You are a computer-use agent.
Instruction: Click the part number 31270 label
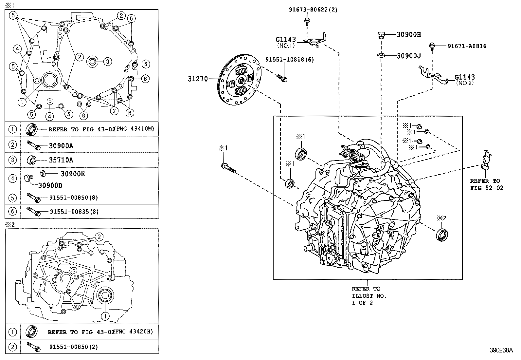click(x=198, y=79)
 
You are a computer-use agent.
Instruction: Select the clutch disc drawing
click(x=240, y=80)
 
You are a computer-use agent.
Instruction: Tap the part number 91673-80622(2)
click(x=313, y=10)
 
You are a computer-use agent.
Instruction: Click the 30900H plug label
click(x=408, y=34)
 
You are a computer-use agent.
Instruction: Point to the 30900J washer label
click(x=408, y=56)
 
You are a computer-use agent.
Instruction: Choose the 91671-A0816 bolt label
click(x=467, y=46)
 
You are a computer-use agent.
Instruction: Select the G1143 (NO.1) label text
click(x=286, y=42)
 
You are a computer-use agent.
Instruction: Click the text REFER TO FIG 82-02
click(x=486, y=184)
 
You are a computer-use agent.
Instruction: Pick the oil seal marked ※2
click(x=442, y=235)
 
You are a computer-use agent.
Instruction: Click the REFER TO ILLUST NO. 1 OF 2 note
click(x=369, y=295)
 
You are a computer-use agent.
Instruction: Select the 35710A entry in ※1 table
click(x=61, y=160)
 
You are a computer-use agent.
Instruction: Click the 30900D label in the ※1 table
click(x=50, y=185)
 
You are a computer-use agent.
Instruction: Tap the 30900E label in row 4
click(x=72, y=174)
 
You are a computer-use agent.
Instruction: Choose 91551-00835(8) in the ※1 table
click(x=74, y=212)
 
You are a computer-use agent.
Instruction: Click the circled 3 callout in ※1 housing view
click(x=108, y=61)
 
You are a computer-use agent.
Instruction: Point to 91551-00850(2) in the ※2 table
click(x=74, y=347)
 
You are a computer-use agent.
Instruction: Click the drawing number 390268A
click(x=501, y=350)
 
